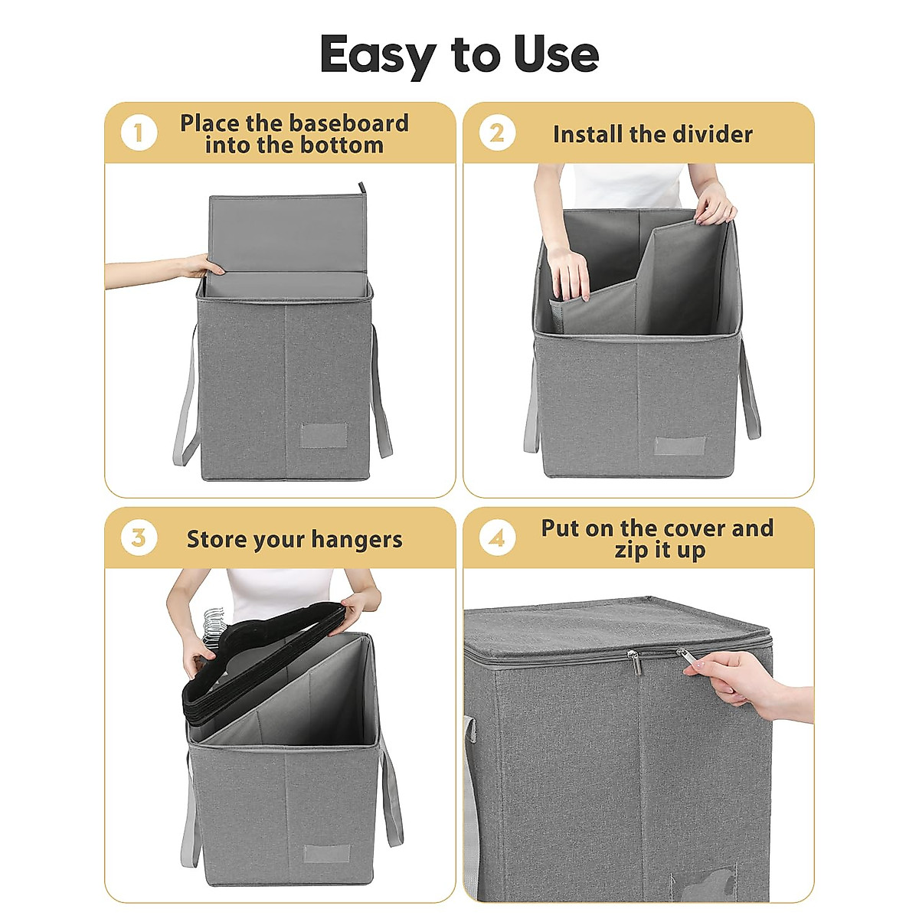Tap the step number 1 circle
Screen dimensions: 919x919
[x=139, y=133]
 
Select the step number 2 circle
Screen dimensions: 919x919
[x=497, y=133]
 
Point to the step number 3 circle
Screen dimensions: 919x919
[x=139, y=538]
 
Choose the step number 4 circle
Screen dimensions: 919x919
[x=497, y=538]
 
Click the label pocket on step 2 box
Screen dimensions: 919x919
[x=680, y=446]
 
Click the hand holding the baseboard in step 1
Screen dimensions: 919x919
[x=201, y=267]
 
